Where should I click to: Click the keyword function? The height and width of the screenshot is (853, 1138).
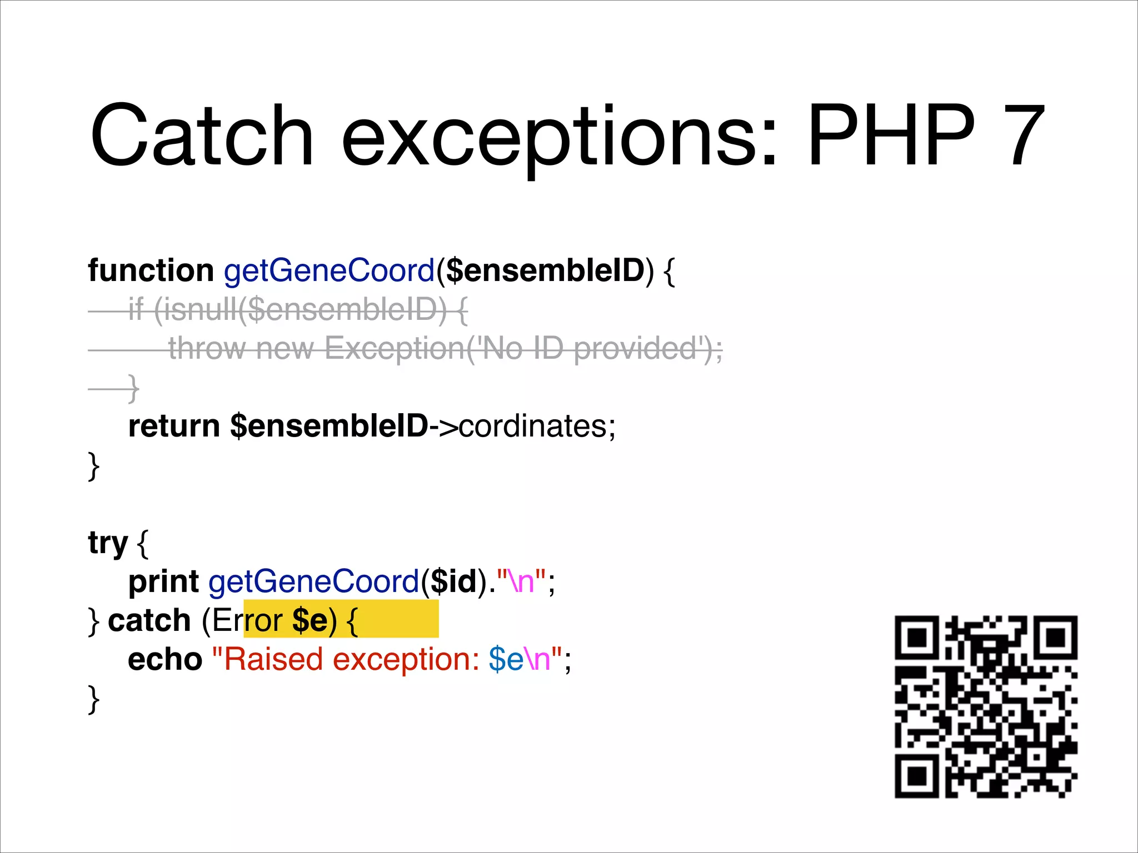point(151,270)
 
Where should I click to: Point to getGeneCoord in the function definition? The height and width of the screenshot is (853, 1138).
point(329,270)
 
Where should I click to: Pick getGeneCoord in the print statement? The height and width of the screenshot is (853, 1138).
point(314,581)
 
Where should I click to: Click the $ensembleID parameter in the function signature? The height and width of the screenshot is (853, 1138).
point(545,270)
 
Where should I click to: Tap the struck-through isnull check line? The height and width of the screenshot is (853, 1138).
point(298,310)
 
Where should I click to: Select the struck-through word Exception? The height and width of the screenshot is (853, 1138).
point(395,349)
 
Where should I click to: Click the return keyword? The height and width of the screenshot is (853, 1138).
point(174,426)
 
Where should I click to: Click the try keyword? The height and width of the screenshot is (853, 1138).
point(108,543)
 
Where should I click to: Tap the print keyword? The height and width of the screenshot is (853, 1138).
point(163,581)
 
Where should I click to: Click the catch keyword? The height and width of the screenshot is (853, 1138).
point(149,620)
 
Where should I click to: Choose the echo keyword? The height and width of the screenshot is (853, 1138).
point(165,659)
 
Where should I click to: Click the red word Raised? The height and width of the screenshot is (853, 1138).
point(273,659)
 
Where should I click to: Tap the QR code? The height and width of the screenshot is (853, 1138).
point(986,707)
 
